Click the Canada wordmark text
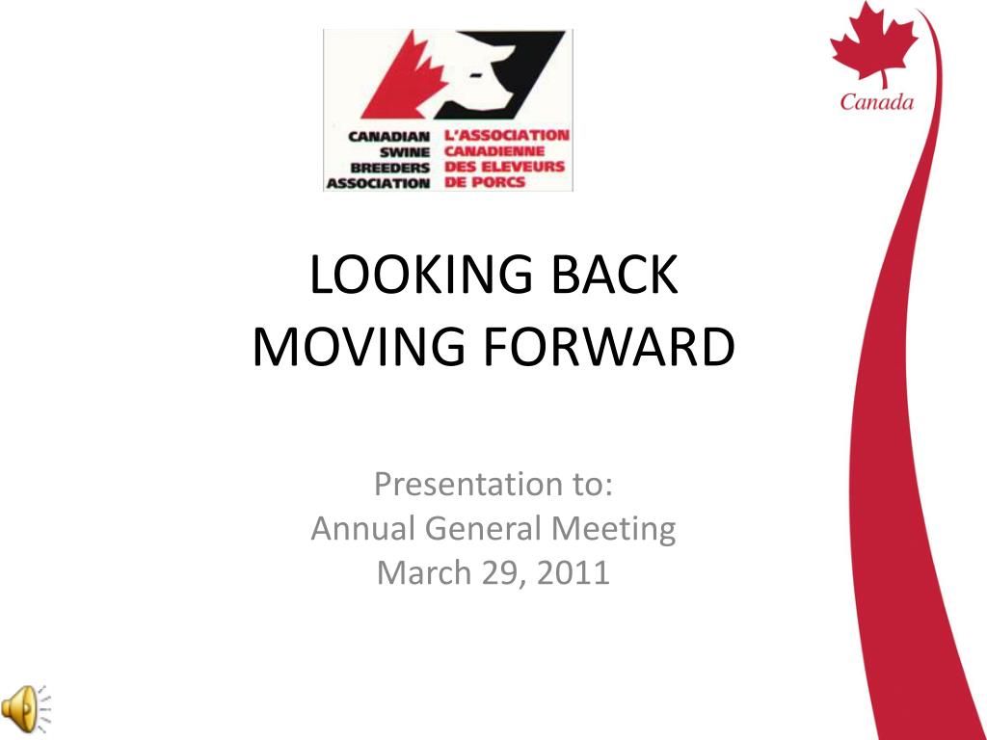876,102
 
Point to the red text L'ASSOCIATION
507,136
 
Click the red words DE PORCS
485,182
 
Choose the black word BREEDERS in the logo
390,168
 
